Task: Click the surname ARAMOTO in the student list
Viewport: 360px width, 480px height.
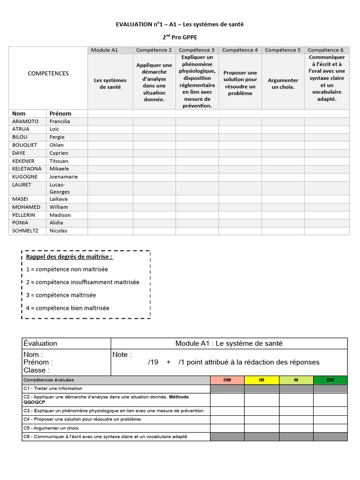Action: pyautogui.click(x=25, y=121)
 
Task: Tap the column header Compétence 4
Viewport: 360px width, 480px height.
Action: pyautogui.click(x=240, y=50)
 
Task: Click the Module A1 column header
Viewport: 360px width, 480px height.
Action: pyautogui.click(x=104, y=50)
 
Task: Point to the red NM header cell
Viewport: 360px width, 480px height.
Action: pyautogui.click(x=227, y=380)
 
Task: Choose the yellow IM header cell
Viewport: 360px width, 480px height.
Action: pyautogui.click(x=262, y=380)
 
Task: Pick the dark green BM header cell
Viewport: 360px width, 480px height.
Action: pyautogui.click(x=330, y=380)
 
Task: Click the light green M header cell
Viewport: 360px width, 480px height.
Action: pyautogui.click(x=296, y=380)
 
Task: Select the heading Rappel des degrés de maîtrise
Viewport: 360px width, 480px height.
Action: pyautogui.click(x=69, y=257)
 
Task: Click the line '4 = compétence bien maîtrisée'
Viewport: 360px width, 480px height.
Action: pyautogui.click(x=67, y=308)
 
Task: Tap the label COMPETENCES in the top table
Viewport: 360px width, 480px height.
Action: pyautogui.click(x=48, y=74)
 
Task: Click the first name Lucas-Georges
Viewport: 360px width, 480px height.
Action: pyautogui.click(x=60, y=188)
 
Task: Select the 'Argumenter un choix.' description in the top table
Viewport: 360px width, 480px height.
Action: pyautogui.click(x=283, y=83)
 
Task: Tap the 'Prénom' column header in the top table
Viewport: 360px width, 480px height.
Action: pyautogui.click(x=60, y=113)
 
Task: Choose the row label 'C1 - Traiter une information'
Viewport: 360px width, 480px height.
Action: pyautogui.click(x=52, y=389)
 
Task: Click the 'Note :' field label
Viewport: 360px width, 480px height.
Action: pyautogui.click(x=122, y=355)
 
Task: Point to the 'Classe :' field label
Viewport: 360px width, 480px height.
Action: pyautogui.click(x=36, y=370)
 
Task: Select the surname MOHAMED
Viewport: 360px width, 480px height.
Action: pyautogui.click(x=26, y=207)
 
